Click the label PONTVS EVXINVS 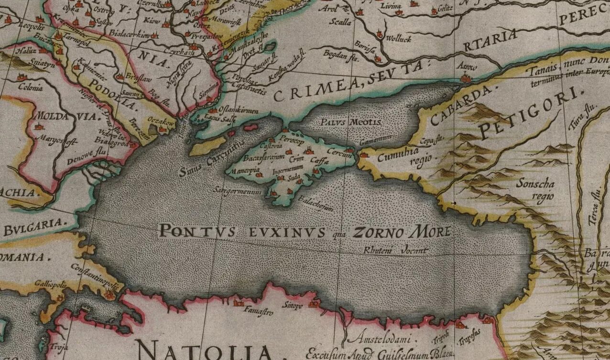point(241,232)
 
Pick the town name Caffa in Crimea point(318,162)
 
